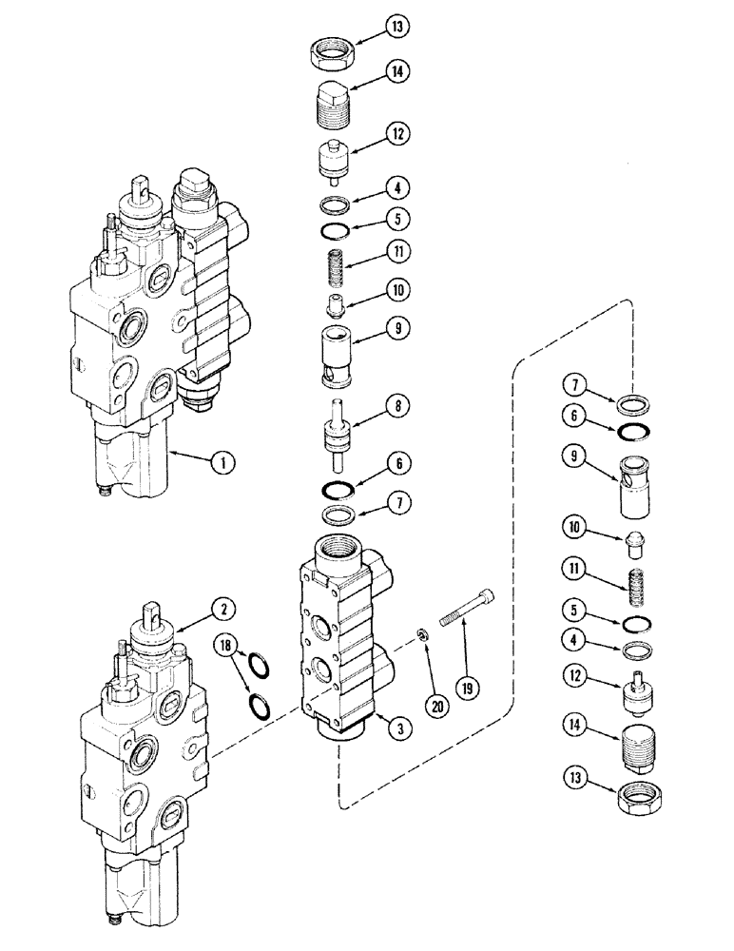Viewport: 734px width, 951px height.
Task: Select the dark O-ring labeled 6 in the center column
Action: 336,492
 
